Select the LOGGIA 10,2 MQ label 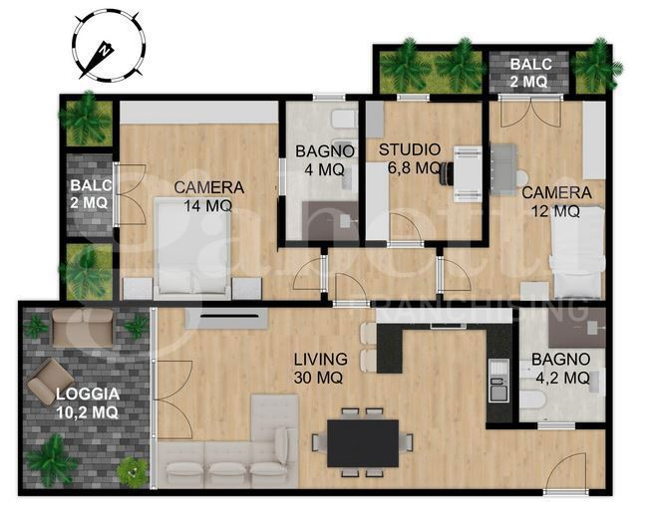click(87, 401)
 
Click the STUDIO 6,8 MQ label click(410, 159)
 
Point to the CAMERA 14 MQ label click(208, 196)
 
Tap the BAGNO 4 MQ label click(325, 160)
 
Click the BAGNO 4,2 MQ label click(559, 369)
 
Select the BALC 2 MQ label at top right click(528, 71)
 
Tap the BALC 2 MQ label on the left click(89, 194)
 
